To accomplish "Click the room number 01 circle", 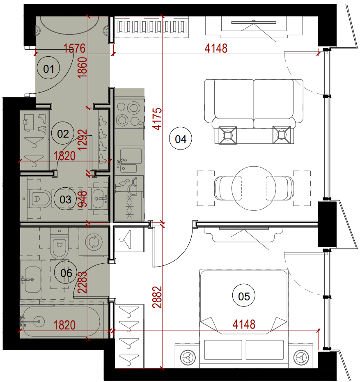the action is [x=48, y=68].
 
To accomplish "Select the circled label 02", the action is [x=63, y=133].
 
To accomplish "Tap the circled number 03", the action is [x=65, y=199].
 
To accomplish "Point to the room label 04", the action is [x=180, y=138].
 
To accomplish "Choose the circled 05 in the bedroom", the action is [x=244, y=295].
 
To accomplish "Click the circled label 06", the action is [x=66, y=272].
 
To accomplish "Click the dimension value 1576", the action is [x=74, y=48].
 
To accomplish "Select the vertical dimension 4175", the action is [x=157, y=119].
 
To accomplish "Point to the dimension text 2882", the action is [x=157, y=297].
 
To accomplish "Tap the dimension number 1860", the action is [x=82, y=67].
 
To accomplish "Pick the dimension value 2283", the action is [x=82, y=282].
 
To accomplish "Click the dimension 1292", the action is [x=82, y=140].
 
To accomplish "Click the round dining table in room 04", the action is [x=254, y=188].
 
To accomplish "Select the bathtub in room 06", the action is [x=60, y=322].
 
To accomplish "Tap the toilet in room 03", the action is [x=40, y=199].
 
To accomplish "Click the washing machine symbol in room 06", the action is [x=94, y=242].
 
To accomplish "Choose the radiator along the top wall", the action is [x=151, y=27].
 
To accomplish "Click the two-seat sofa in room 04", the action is [x=254, y=104].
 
